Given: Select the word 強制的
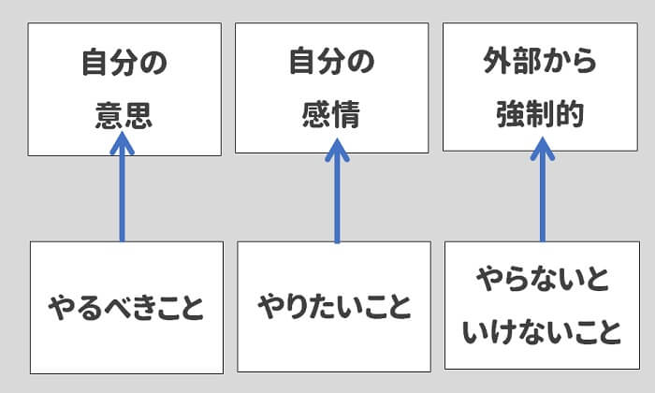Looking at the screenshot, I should (x=540, y=114).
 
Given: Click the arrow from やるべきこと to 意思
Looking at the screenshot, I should (x=122, y=192).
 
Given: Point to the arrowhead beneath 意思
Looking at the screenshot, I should (x=122, y=145).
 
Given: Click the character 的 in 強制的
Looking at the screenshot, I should (x=570, y=114).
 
